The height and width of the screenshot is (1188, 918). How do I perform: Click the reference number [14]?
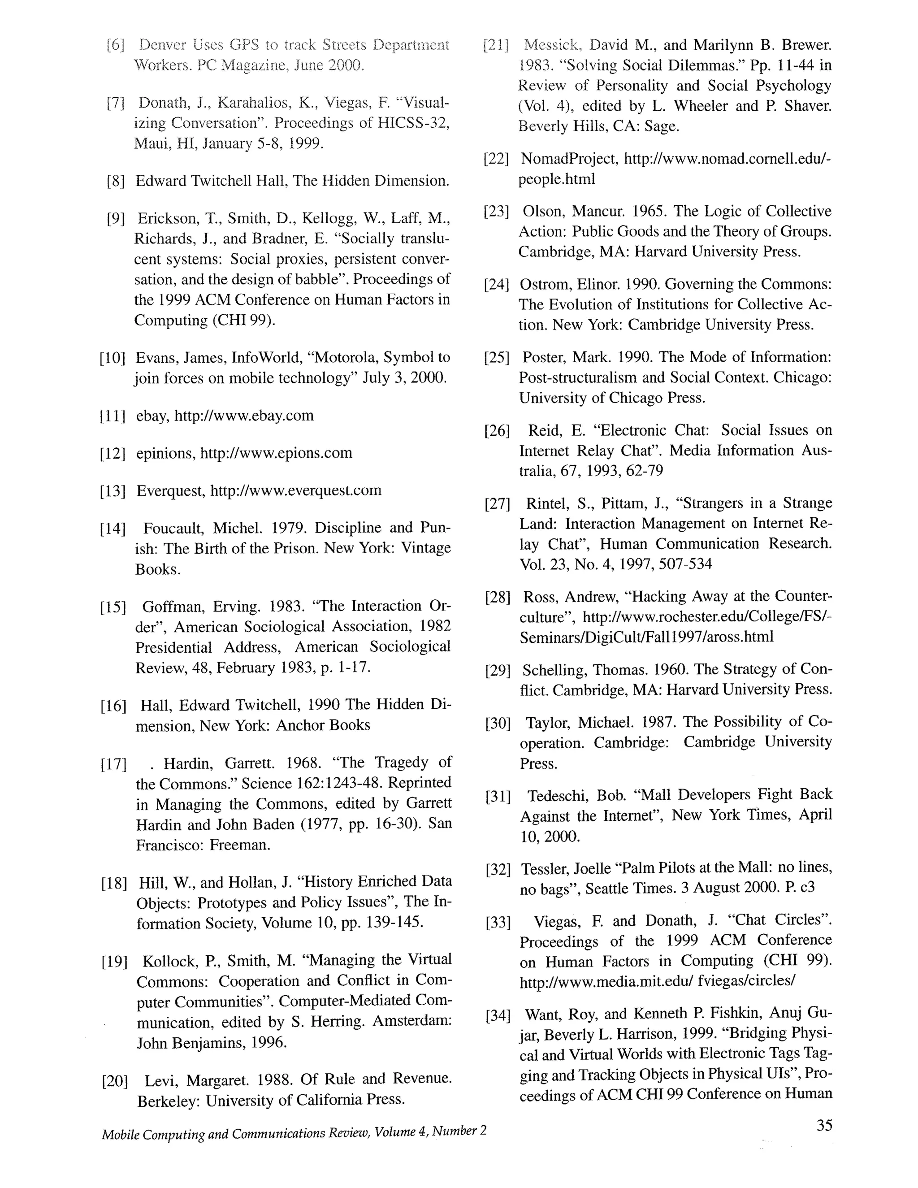(113, 529)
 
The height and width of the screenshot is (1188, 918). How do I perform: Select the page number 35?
(824, 1125)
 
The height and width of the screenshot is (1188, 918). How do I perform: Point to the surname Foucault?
(174, 528)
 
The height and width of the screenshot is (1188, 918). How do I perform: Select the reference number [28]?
(497, 598)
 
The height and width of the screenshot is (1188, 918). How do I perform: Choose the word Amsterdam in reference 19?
(411, 1022)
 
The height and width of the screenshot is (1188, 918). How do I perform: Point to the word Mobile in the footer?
(120, 1134)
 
